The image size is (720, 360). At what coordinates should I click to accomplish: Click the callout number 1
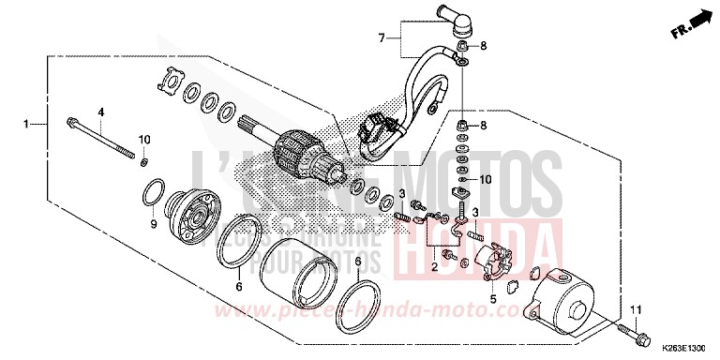click(29, 124)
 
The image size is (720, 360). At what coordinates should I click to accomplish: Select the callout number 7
click(382, 37)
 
